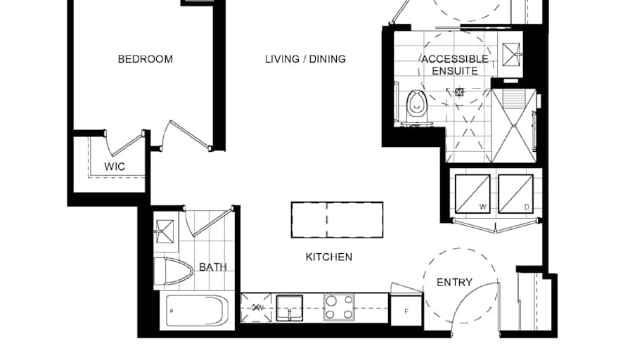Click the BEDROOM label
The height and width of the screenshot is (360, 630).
click(x=145, y=59)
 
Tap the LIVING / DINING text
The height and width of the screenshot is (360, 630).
click(x=305, y=59)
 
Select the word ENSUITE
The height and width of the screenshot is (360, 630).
click(x=455, y=71)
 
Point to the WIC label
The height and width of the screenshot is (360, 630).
click(x=115, y=167)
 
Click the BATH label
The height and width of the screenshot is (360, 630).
click(x=212, y=267)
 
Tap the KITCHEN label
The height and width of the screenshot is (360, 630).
click(x=328, y=257)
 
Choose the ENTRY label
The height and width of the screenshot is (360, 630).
click(x=454, y=283)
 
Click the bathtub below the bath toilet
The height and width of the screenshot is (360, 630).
click(x=196, y=311)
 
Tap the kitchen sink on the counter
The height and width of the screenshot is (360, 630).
click(x=289, y=308)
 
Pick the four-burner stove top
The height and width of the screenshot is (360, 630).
click(x=339, y=308)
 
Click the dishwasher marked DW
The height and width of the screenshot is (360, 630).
click(x=257, y=308)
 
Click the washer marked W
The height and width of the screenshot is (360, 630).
click(x=472, y=193)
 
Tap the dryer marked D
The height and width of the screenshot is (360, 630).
click(x=516, y=193)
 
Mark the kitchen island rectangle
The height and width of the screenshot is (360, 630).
click(x=337, y=219)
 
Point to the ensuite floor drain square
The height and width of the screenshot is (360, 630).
click(x=461, y=91)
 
